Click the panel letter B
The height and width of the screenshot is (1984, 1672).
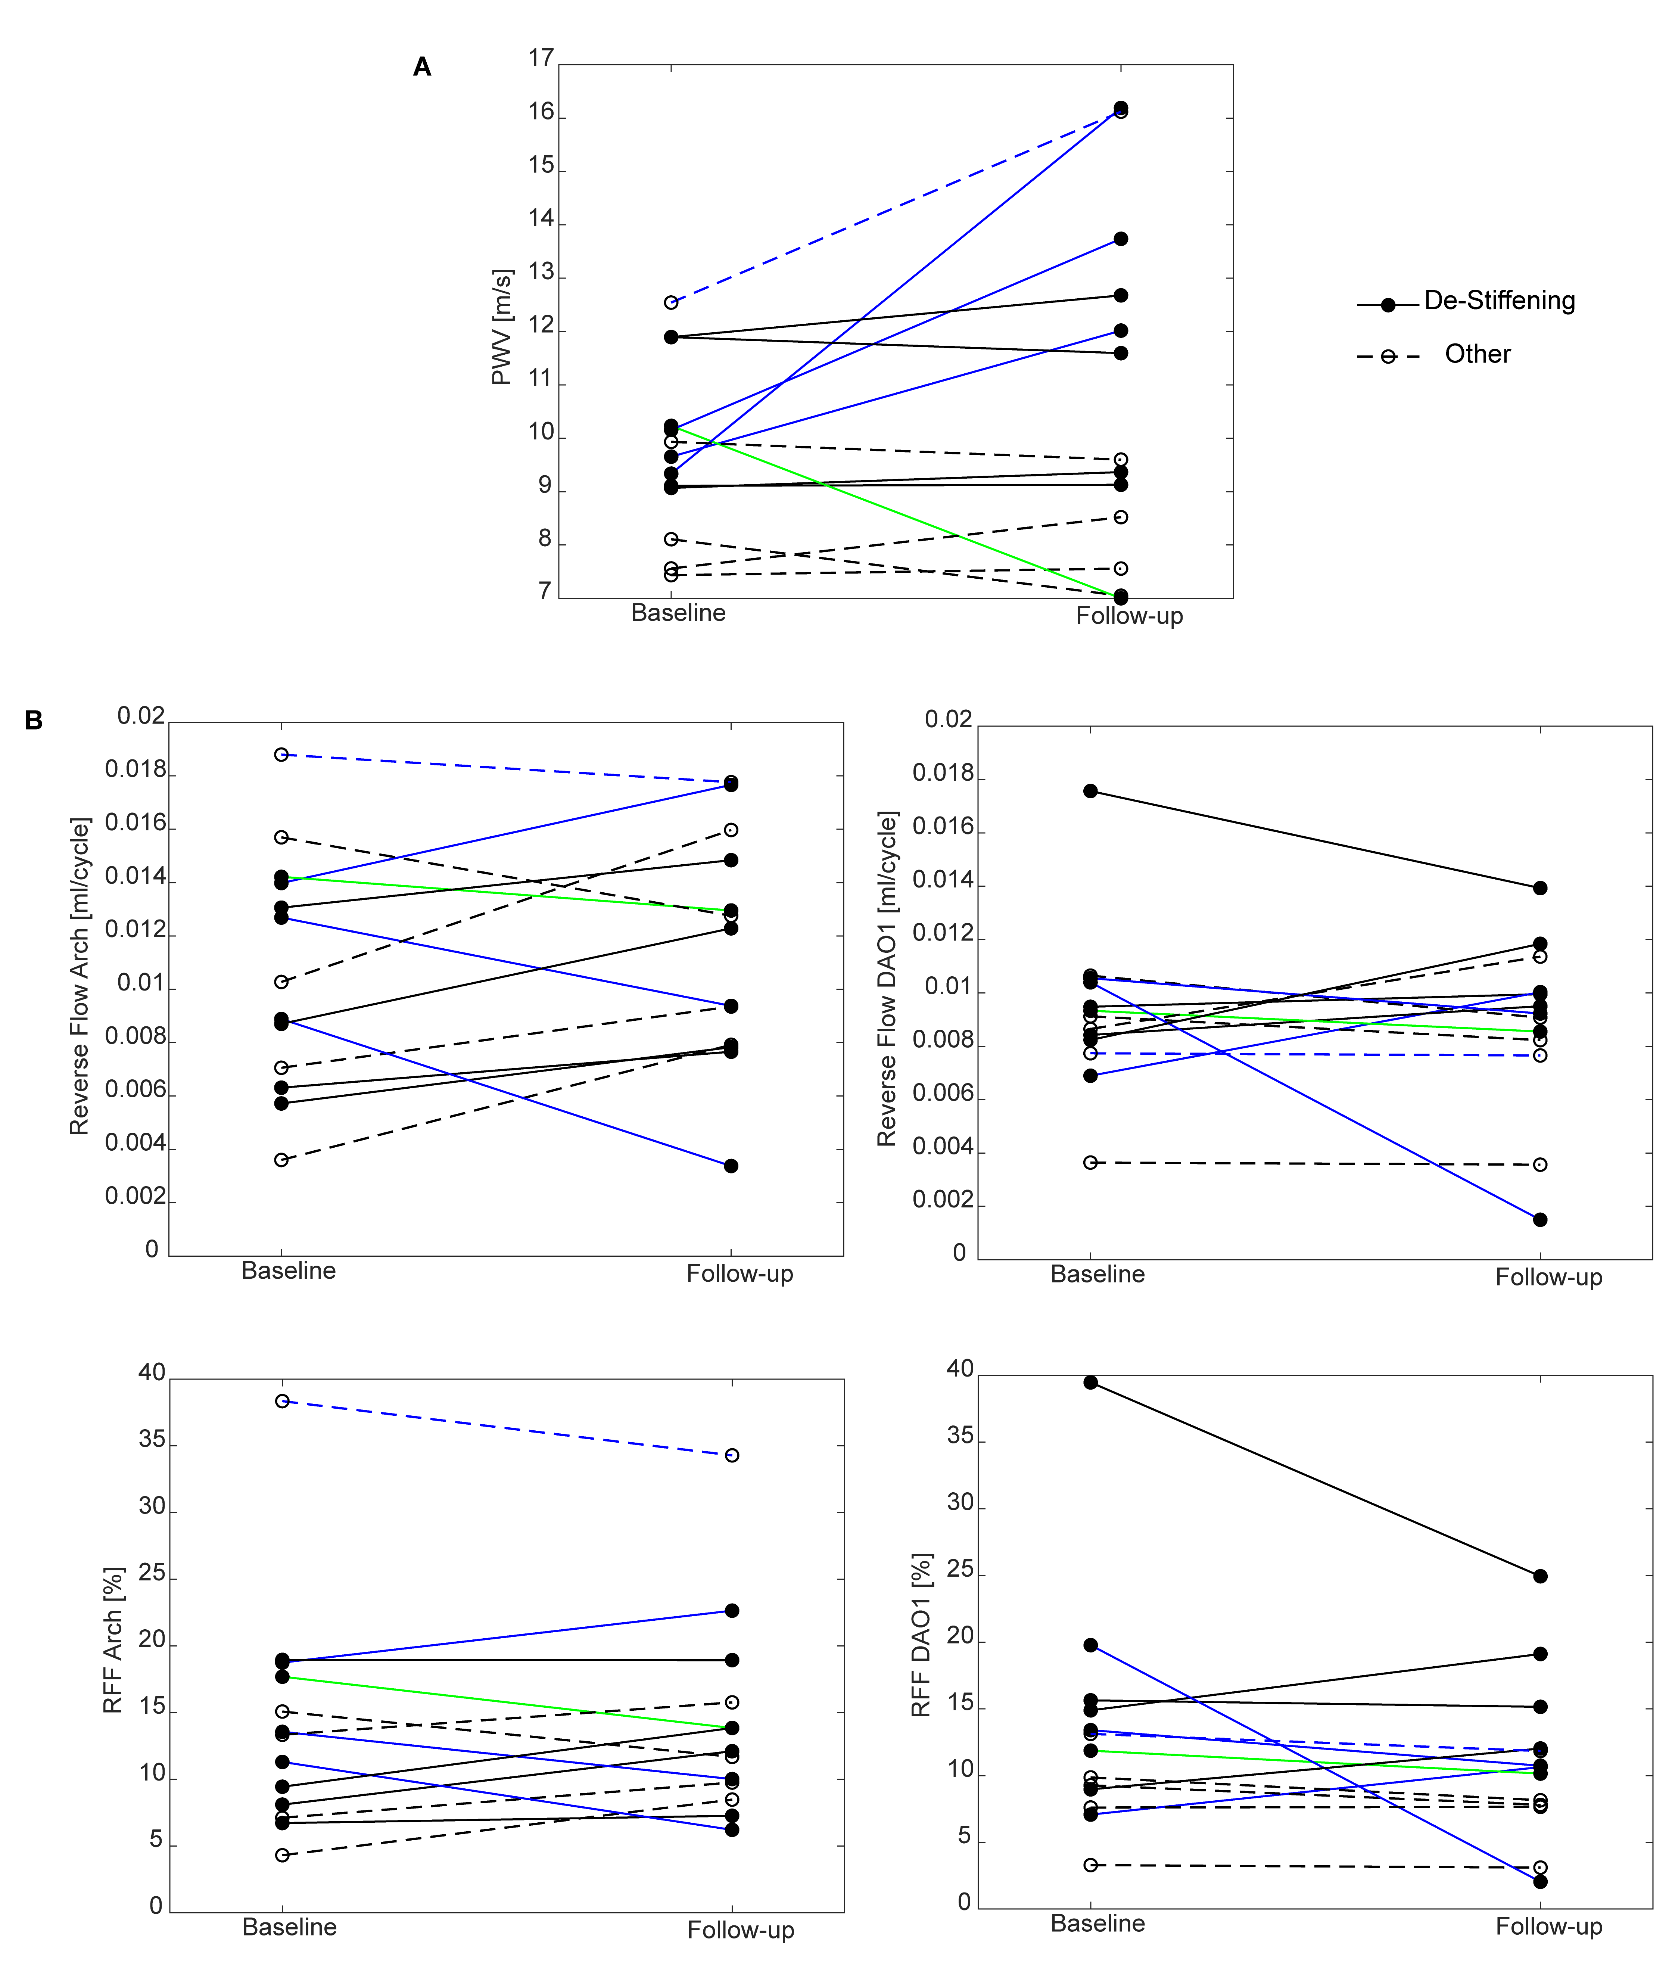pyautogui.click(x=33, y=721)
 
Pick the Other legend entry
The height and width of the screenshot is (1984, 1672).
pyautogui.click(x=1477, y=355)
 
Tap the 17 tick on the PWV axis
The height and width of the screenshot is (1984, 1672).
pyautogui.click(x=541, y=59)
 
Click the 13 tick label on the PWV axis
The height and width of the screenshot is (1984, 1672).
pyautogui.click(x=541, y=272)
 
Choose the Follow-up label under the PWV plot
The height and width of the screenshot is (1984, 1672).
pyautogui.click(x=1129, y=616)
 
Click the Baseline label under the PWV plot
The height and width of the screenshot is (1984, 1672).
pyautogui.click(x=678, y=613)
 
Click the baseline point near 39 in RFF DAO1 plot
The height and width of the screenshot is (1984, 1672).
pyautogui.click(x=1091, y=1383)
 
